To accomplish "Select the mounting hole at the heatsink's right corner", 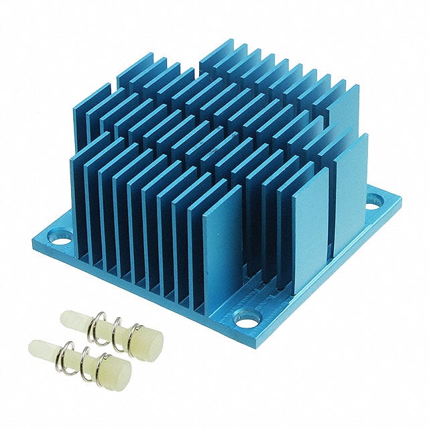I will tap(373, 200).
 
